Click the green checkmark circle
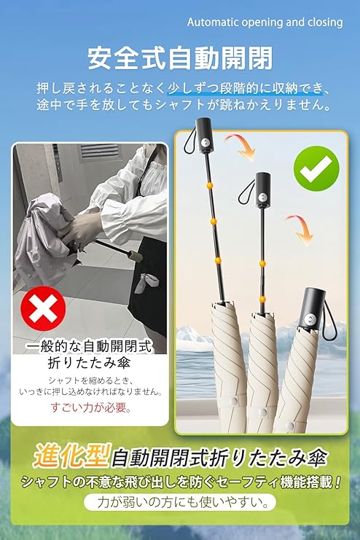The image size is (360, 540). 316,169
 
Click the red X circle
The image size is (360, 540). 43,308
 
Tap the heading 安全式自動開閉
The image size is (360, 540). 180,58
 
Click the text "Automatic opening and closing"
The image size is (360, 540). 265,23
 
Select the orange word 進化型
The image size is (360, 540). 71,455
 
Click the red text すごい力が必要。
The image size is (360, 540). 90,407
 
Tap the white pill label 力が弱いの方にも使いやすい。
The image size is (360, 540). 180,502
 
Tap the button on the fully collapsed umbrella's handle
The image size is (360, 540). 312,318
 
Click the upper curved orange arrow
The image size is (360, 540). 240,146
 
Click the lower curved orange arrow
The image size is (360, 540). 300,229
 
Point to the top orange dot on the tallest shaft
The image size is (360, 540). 209,186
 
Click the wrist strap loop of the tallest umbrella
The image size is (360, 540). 189,142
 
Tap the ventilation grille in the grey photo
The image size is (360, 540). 99,152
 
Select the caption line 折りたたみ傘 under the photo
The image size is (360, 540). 89,364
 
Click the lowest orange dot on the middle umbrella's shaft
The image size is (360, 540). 262,299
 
